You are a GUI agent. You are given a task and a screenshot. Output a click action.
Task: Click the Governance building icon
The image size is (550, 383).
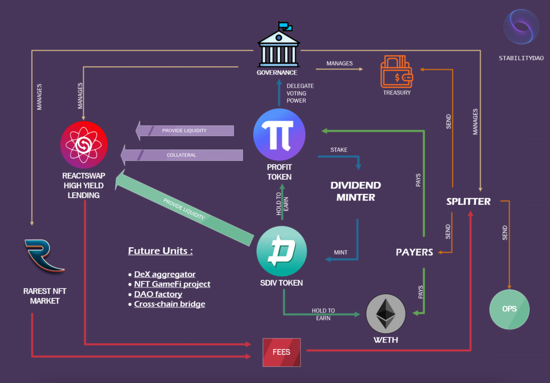278,47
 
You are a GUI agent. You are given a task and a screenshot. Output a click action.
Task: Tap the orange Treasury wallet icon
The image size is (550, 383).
396,72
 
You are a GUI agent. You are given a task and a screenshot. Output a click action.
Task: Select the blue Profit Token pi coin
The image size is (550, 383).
279,135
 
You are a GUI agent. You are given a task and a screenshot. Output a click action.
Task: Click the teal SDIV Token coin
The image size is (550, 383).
282,251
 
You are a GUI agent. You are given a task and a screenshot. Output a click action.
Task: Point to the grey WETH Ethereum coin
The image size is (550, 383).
386,314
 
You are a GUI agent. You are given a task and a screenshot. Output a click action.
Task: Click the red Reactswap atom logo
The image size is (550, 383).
84,145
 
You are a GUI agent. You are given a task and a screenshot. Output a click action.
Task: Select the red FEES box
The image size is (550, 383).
282,352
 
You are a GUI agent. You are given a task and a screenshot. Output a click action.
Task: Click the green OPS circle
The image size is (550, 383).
509,309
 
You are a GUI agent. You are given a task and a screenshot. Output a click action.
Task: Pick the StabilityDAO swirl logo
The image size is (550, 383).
521,27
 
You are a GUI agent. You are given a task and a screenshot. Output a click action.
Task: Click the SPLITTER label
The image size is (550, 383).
468,202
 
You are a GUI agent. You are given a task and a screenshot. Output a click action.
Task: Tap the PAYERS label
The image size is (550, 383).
414,252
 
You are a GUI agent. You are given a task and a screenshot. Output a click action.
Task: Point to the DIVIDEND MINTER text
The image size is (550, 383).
355,191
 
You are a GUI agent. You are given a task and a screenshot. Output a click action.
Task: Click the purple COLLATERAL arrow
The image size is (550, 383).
182,155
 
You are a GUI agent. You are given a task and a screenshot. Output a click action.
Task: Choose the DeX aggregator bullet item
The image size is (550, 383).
165,274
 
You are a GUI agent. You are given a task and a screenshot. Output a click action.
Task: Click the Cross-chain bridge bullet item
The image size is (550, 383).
169,304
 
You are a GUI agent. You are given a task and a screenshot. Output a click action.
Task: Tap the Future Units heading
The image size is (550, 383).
160,251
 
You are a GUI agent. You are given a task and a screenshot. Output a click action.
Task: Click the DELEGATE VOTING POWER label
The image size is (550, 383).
300,93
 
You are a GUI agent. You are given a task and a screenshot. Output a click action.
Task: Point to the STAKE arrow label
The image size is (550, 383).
339,150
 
